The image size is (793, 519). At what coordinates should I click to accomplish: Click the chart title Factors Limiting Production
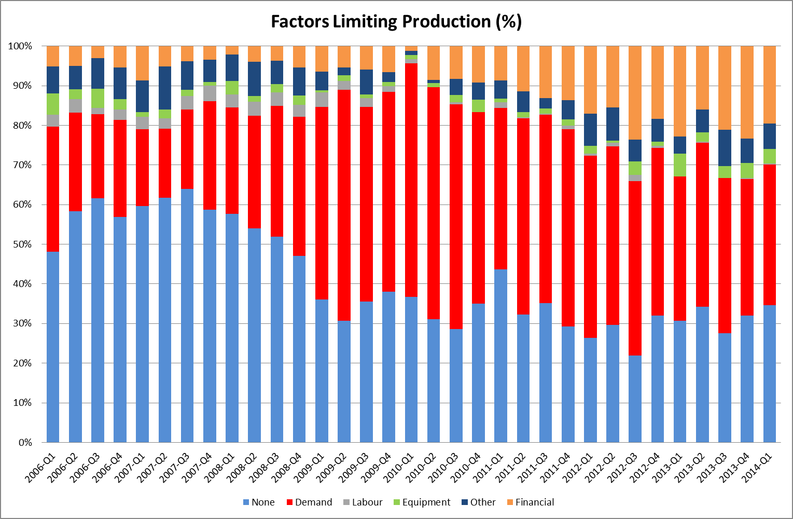point(396,22)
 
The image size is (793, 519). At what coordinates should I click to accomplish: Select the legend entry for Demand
point(310,502)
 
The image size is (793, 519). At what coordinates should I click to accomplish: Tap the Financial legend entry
point(531,502)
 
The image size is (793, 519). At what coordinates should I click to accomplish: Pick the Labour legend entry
point(363,502)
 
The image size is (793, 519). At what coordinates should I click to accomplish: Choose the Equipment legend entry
point(422,502)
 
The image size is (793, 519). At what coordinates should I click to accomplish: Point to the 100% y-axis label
point(20,46)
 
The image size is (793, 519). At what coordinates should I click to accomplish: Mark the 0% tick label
point(25,443)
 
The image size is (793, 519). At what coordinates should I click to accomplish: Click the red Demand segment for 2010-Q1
point(411,180)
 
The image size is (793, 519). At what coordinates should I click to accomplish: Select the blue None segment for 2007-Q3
point(187,316)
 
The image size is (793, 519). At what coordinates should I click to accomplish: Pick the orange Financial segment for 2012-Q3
point(635,93)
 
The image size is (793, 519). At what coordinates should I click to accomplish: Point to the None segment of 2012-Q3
point(635,399)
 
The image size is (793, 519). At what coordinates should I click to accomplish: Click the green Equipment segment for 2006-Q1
point(53,104)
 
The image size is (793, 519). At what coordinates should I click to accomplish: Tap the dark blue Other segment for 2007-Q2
point(165,88)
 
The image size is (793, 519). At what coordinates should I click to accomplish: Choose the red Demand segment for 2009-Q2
point(344,206)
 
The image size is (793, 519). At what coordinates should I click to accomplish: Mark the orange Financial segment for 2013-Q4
point(747,92)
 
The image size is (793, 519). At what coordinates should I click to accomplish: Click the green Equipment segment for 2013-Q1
point(680,165)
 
